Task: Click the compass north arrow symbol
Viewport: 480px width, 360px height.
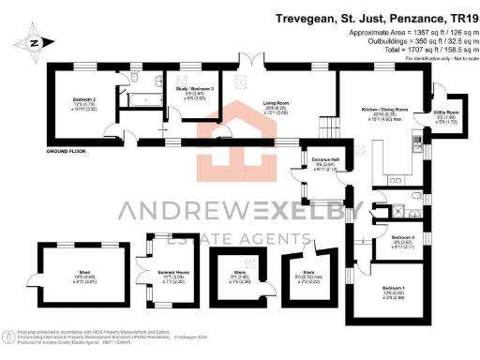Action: point(34,42)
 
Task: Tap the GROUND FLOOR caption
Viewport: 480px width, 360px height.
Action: point(67,151)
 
